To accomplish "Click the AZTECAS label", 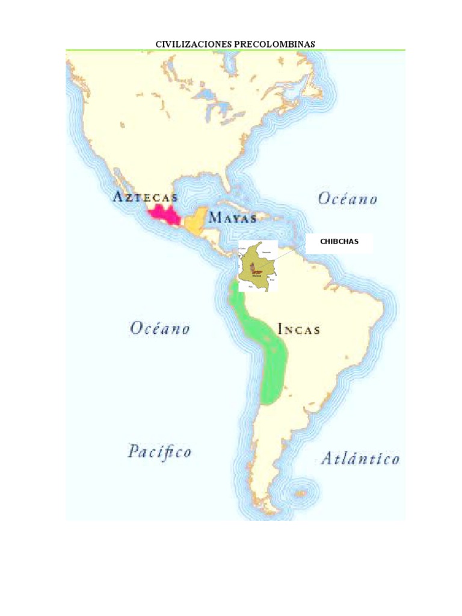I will pos(144,197).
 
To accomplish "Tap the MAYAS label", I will pos(233,218).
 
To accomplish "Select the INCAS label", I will pos(298,330).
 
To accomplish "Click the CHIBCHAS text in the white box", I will pos(339,241).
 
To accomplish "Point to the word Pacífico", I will pos(159,451).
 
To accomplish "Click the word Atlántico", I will pos(360,459).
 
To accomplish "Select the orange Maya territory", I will pos(195,223).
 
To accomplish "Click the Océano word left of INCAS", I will pos(160,328).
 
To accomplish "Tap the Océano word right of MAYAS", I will pos(348,199).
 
